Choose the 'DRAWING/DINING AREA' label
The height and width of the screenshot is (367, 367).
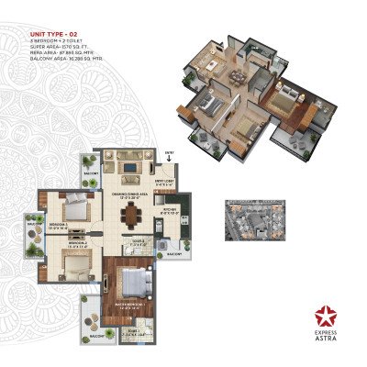(x=131, y=194)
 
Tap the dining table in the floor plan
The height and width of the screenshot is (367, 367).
(x=133, y=217)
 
